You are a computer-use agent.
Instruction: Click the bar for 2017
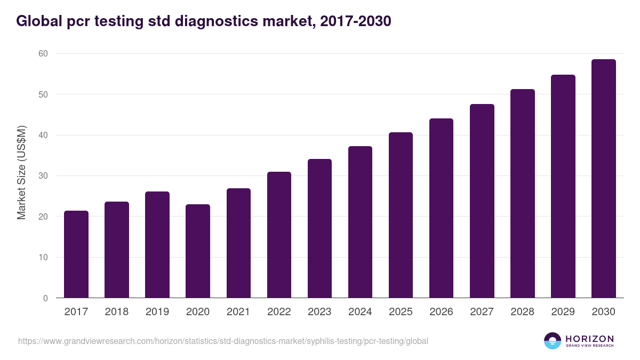point(76,254)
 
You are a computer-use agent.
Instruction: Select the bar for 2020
point(198,251)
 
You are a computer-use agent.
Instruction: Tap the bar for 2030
point(603,179)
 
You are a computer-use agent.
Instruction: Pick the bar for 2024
point(360,222)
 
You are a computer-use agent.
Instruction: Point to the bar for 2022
point(279,235)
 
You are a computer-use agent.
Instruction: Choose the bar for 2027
point(482,201)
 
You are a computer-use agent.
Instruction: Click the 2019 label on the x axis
point(157,312)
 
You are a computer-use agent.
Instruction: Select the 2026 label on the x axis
point(441,312)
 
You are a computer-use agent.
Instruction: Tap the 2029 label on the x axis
point(563,312)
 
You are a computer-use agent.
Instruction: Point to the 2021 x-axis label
point(238,312)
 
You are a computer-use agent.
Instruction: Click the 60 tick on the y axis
point(43,53)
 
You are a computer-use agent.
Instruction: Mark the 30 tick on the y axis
point(43,176)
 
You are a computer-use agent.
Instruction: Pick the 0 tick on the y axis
point(45,298)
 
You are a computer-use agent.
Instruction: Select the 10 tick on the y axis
point(43,258)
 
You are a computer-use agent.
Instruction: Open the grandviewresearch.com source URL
point(223,341)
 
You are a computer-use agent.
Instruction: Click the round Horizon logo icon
point(552,341)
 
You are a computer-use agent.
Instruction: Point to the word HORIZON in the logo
point(589,338)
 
